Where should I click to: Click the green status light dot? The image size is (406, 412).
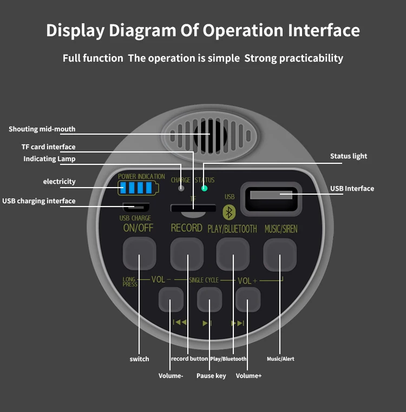(205, 188)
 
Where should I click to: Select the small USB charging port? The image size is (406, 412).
(136, 207)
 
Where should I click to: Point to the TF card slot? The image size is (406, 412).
(193, 208)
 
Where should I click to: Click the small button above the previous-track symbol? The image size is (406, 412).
(171, 299)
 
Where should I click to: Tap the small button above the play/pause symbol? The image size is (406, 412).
(209, 299)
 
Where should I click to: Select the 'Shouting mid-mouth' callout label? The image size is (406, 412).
(42, 129)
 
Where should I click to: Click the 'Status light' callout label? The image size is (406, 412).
(349, 156)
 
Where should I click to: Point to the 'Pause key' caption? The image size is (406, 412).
(211, 376)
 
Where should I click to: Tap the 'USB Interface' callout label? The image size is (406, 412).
(352, 189)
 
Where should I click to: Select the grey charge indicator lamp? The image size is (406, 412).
(181, 189)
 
